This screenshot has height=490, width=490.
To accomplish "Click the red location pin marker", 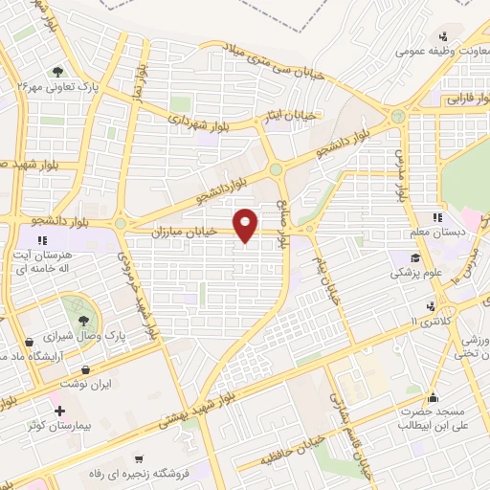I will coord(247,224).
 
